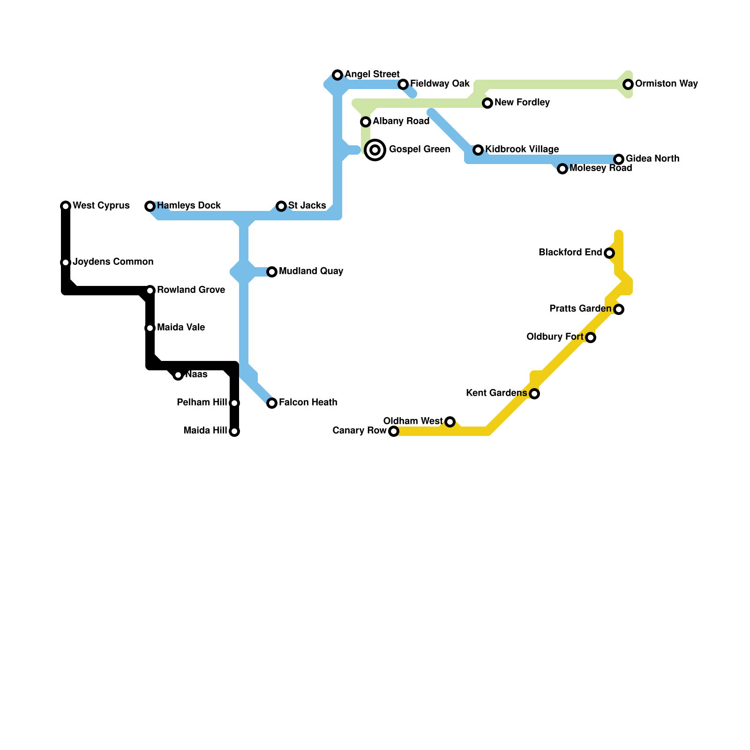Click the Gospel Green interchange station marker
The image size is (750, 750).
375,150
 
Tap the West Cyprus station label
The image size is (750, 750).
101,206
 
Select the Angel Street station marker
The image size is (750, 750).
337,75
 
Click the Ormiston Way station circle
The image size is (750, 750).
628,84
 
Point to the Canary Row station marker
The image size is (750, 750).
394,431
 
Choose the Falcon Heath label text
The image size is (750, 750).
308,403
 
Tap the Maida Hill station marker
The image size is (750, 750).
234,431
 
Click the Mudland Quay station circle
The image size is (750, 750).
272,272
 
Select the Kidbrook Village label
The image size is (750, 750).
522,150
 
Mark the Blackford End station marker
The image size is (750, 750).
609,253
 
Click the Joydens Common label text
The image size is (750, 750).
113,262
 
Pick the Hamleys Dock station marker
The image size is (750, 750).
150,206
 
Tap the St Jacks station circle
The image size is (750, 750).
281,206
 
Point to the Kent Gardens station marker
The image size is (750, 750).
534,394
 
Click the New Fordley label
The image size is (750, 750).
522,103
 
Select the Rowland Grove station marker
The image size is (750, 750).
150,291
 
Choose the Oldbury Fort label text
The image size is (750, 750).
555,337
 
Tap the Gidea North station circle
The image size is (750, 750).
619,159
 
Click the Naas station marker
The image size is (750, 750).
178,375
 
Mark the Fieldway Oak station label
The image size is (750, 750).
440,84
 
